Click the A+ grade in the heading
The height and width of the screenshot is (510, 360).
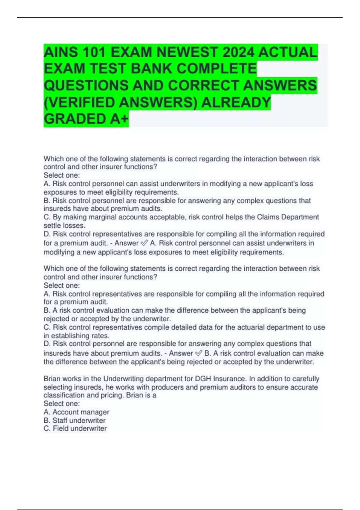coord(119,119)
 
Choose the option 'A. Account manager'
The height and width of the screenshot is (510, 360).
coord(76,412)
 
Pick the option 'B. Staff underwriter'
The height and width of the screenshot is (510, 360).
coord(75,420)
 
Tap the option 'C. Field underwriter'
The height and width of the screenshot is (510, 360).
coord(75,428)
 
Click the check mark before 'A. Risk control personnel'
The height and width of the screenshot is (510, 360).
coord(144,243)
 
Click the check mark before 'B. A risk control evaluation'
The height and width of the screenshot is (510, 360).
coord(199,353)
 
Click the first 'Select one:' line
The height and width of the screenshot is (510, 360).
coord(62,175)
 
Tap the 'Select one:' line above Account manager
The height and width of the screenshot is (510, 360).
coord(62,403)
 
